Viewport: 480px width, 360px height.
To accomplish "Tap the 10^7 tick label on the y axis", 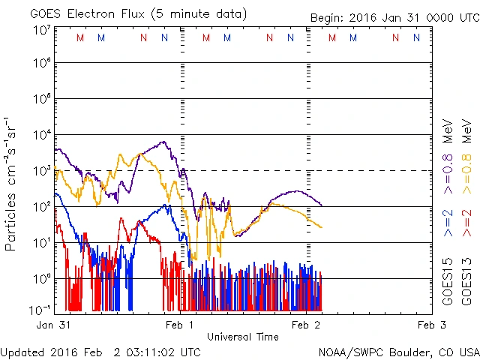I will click(x=42, y=29).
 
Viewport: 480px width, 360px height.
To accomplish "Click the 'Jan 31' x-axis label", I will click(x=53, y=325).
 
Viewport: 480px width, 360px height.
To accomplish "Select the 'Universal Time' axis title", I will click(x=242, y=337).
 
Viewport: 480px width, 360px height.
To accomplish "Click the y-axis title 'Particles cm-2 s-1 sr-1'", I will click(x=10, y=184).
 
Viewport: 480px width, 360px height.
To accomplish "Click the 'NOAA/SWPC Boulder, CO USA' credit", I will click(x=398, y=352).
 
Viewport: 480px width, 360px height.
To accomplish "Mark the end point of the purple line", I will click(x=322, y=205).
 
